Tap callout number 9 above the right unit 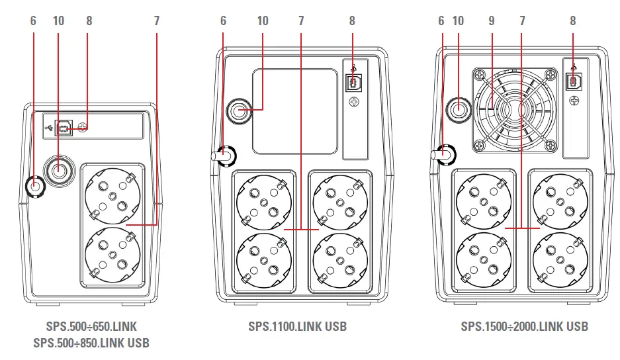point(491,21)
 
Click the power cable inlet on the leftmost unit point(34,187)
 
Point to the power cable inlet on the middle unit point(225,157)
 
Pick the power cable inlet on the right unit point(445,154)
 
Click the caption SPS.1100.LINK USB point(297,326)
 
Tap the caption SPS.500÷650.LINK point(91,326)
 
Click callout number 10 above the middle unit point(263,21)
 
